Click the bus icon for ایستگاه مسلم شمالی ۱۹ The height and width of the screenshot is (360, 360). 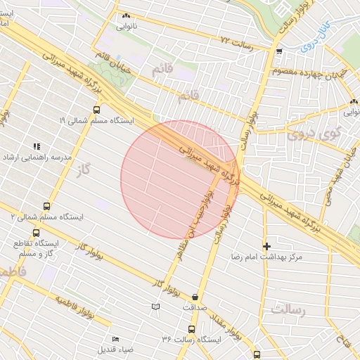(96, 110)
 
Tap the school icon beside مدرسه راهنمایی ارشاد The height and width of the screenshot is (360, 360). (36, 146)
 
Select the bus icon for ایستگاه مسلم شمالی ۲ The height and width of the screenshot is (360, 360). (46, 206)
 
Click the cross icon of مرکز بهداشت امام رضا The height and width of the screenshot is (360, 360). (266, 246)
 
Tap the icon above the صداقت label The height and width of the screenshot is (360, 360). (194, 296)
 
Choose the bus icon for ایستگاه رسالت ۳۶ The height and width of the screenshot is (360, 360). (191, 328)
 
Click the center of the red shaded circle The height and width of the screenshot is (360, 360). (180, 179)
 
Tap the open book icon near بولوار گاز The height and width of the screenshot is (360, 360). (155, 307)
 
